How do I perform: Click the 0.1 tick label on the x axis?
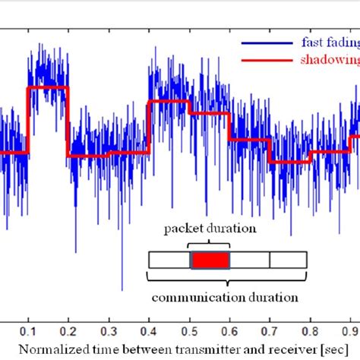(28, 333)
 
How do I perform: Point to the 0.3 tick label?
(109, 333)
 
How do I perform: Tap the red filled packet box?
(209, 260)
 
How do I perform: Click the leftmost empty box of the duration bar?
(169, 260)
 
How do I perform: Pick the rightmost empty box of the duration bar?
(289, 260)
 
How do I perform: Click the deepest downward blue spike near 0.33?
(122, 289)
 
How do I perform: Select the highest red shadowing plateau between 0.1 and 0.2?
(48, 87)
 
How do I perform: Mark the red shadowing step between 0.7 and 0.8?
(289, 161)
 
